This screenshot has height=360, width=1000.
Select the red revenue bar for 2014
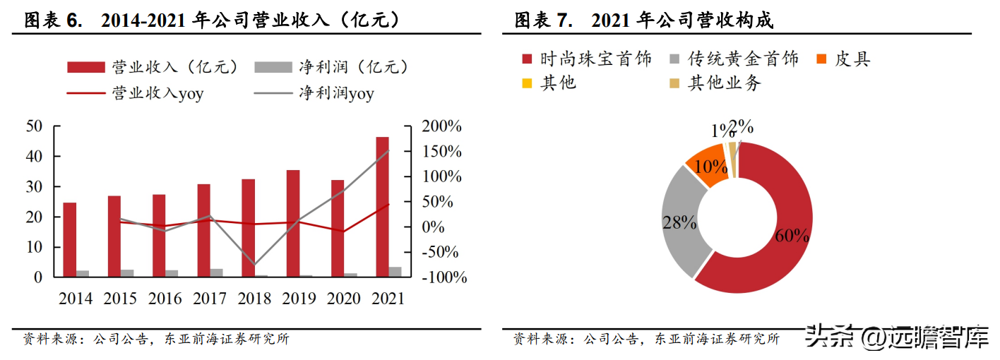(x=69, y=239)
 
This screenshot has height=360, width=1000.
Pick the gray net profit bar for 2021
(x=395, y=272)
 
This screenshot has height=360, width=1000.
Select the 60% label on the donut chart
(x=792, y=236)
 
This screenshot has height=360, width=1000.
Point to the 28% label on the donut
(x=680, y=222)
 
